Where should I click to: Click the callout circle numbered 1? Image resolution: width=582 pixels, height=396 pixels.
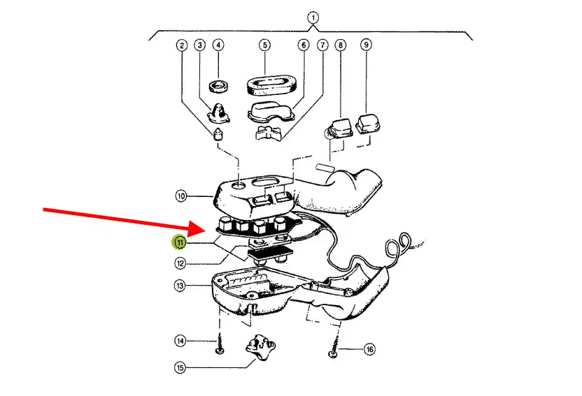(313, 17)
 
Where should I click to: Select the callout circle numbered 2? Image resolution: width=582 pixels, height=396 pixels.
(181, 45)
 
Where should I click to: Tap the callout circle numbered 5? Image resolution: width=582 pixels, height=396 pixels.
(264, 45)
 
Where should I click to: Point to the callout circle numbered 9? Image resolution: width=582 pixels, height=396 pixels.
(366, 45)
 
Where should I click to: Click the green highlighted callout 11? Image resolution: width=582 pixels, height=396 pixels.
(180, 242)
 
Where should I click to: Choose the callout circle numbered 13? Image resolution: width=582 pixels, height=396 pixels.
(180, 286)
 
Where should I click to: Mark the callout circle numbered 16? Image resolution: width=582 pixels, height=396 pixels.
(369, 349)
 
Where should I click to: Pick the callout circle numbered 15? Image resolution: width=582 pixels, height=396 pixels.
(180, 367)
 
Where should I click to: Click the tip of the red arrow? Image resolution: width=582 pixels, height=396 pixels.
(205, 230)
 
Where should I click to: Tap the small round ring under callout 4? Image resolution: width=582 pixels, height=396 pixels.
(219, 87)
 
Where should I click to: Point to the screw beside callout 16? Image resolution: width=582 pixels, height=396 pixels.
(334, 346)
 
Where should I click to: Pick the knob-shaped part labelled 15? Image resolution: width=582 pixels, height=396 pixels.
(260, 347)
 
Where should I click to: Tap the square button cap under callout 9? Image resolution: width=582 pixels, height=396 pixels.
(367, 124)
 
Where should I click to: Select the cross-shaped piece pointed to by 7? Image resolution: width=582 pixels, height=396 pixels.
(269, 132)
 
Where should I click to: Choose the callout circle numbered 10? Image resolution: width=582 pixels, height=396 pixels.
(180, 196)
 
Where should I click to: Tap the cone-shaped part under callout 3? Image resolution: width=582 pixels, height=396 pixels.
(219, 113)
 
